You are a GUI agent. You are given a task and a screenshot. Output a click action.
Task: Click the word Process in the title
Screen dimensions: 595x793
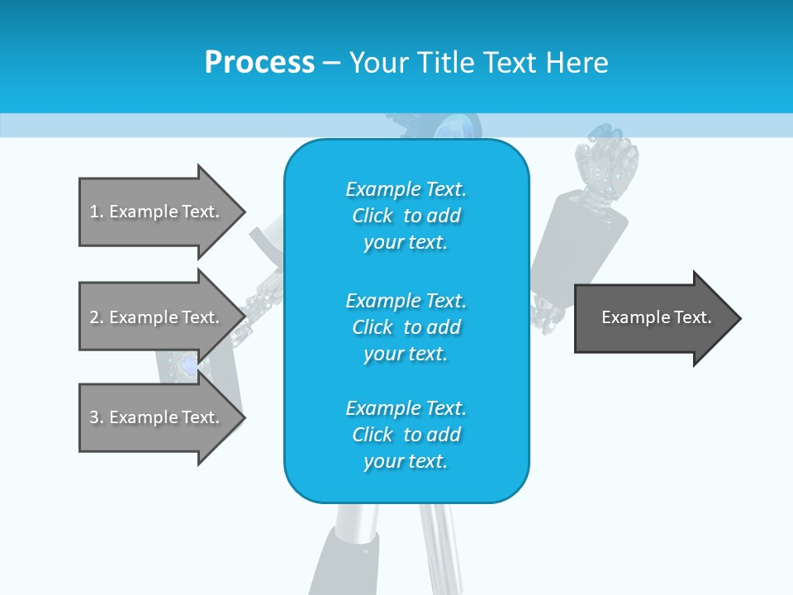259,63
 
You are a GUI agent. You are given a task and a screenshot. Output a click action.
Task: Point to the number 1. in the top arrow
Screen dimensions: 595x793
97,212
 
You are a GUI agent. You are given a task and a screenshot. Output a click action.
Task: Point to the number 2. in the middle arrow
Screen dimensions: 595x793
97,317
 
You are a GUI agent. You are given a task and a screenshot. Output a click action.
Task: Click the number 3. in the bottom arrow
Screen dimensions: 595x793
97,417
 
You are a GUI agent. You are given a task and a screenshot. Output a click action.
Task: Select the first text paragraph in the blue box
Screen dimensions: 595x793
406,216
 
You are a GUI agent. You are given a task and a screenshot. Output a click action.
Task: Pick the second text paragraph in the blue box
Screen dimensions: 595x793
406,327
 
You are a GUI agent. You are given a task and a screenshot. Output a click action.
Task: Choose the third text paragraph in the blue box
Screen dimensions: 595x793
406,435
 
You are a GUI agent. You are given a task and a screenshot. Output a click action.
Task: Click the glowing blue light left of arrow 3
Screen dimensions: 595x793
188,364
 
